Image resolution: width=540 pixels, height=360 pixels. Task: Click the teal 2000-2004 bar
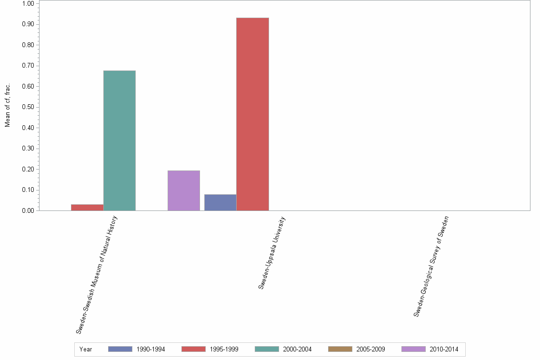[x=120, y=140]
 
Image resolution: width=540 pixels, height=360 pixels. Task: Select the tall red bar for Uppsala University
[x=252, y=114]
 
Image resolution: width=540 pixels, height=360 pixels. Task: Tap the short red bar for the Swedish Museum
[x=87, y=208]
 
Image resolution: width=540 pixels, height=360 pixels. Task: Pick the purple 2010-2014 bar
[x=184, y=190]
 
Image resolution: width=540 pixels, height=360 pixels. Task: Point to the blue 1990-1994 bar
[x=220, y=202]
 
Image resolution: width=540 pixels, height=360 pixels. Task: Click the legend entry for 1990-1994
[x=136, y=350]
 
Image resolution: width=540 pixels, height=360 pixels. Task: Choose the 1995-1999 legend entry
[x=210, y=350]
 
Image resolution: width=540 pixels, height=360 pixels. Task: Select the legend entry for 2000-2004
[x=283, y=350]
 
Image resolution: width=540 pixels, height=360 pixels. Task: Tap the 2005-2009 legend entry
[x=356, y=350]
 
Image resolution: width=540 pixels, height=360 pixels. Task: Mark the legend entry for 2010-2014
[x=430, y=350]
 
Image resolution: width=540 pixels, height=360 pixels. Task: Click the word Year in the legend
[x=86, y=350]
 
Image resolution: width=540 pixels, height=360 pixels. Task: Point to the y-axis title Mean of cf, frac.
[x=8, y=106]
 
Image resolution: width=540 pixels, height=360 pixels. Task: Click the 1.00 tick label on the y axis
[x=28, y=4]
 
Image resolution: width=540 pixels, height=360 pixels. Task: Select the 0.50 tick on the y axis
[x=28, y=107]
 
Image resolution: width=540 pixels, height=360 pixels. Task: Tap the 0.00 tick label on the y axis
[x=28, y=211]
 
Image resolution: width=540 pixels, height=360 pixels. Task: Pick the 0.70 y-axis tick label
[x=28, y=66]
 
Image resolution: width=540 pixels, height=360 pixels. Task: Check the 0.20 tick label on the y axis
[x=28, y=170]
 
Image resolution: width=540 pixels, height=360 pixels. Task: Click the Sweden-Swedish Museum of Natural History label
[x=97, y=274]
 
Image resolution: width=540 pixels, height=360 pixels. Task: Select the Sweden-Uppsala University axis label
[x=272, y=253]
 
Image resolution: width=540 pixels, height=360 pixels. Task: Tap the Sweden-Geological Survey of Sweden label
[x=431, y=266]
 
